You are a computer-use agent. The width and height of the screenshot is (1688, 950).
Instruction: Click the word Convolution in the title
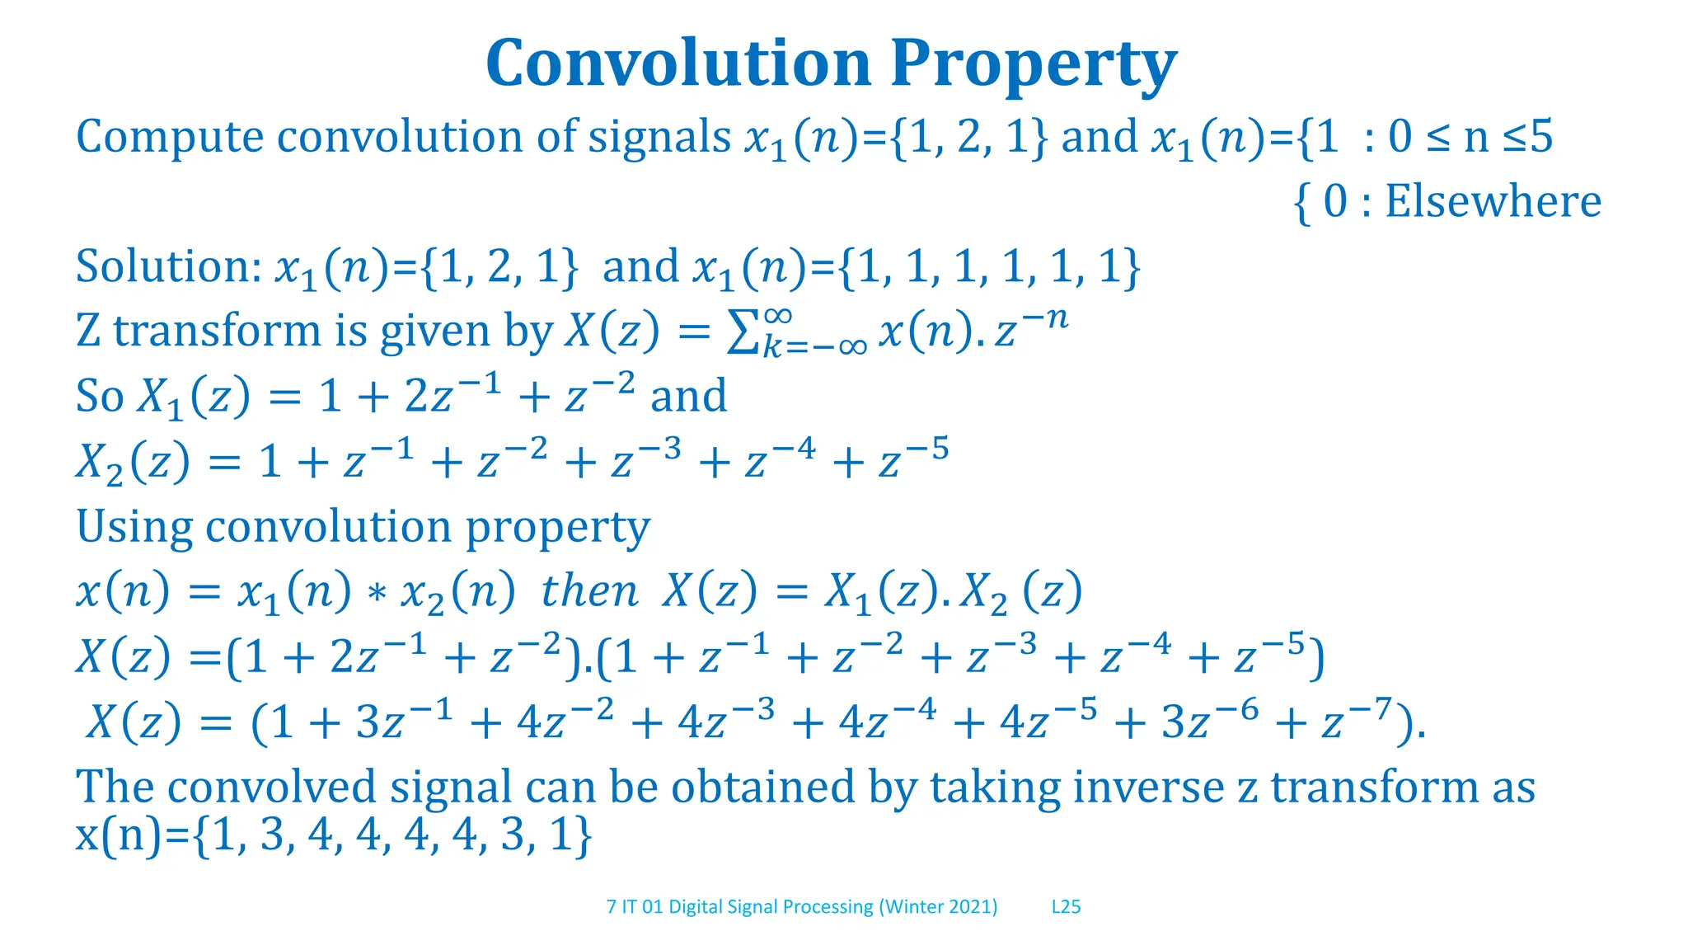pyautogui.click(x=678, y=63)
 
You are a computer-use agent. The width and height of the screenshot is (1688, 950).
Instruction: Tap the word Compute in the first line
pyautogui.click(x=170, y=137)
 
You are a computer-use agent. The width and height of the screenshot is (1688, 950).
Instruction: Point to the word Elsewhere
pyautogui.click(x=1493, y=201)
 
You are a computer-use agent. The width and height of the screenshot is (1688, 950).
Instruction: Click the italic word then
pyautogui.click(x=588, y=592)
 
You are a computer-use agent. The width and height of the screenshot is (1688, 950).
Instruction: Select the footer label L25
pyautogui.click(x=1066, y=907)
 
